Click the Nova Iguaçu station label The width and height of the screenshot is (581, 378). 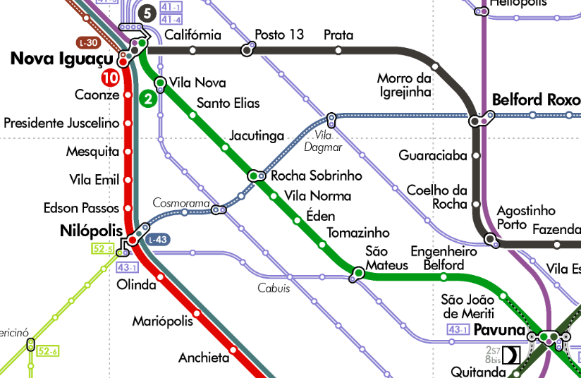coord(61,59)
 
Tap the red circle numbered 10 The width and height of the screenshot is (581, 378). coord(109,78)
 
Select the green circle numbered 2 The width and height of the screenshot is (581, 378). coord(147,99)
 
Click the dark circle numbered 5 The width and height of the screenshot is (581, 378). coord(146,13)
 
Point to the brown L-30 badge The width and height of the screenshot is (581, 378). coord(88,42)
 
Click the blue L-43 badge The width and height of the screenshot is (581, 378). coord(158,240)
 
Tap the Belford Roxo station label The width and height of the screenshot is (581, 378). coord(536,99)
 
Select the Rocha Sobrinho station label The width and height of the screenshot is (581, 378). coord(317,176)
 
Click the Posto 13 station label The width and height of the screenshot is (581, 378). coord(279,35)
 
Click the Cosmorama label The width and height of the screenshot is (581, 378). coord(181,203)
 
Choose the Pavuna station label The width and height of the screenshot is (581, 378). coord(499,330)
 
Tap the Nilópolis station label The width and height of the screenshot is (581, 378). coord(92,231)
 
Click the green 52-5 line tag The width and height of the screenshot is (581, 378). coord(102,248)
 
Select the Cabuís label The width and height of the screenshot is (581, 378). coord(274,288)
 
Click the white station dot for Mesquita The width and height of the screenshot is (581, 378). coord(128,151)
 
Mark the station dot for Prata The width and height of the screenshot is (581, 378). coord(338,50)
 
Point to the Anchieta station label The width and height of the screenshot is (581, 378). coord(204,358)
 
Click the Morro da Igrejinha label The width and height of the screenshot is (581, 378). coord(404,85)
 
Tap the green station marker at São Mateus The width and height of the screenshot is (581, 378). coord(358,273)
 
